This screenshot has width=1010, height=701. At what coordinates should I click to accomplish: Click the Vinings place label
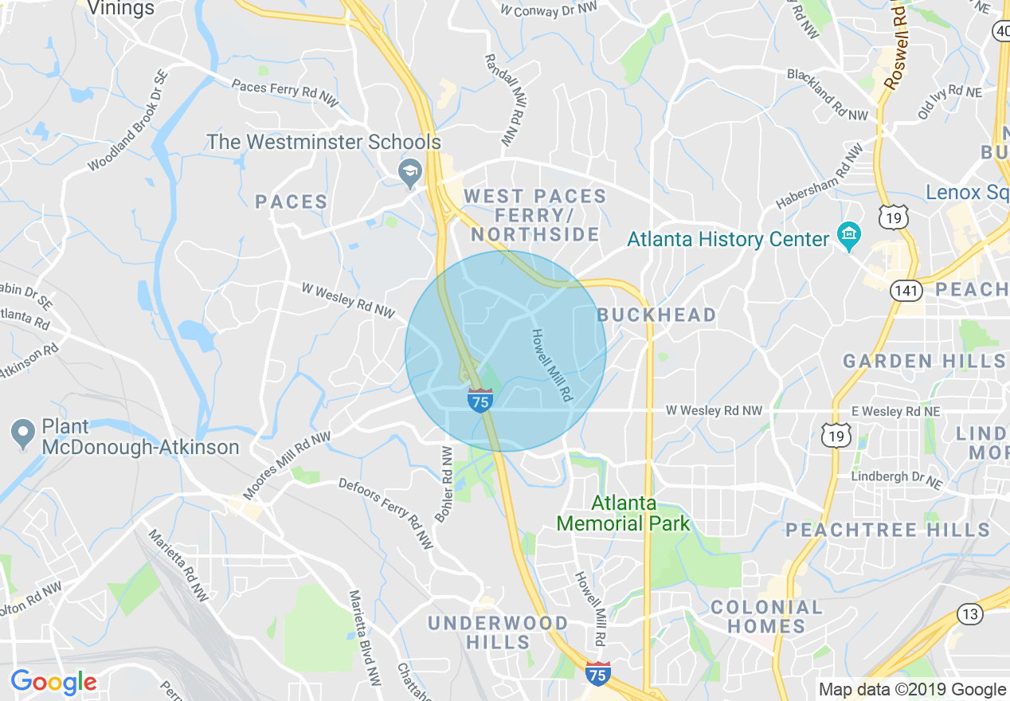point(120,9)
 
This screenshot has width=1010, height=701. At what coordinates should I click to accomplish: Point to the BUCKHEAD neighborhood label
point(657,315)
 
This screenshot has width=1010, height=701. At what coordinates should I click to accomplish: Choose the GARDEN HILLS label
point(924,362)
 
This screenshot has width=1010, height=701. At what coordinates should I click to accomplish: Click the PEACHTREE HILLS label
point(888,530)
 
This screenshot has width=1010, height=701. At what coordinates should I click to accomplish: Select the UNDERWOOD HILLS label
point(498,632)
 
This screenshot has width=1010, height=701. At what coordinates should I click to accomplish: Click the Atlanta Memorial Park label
point(623,514)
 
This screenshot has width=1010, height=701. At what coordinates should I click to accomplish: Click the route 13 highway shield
point(969,613)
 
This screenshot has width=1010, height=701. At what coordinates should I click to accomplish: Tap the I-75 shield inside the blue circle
point(480,401)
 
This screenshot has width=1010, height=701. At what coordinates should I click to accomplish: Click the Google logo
point(53,682)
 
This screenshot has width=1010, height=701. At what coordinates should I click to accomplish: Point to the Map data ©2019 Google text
point(913,690)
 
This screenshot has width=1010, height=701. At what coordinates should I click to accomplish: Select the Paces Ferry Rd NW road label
point(285,88)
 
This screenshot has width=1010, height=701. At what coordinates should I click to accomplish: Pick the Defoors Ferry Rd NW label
point(386,513)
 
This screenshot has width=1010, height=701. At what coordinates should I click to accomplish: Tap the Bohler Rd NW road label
point(444,484)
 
